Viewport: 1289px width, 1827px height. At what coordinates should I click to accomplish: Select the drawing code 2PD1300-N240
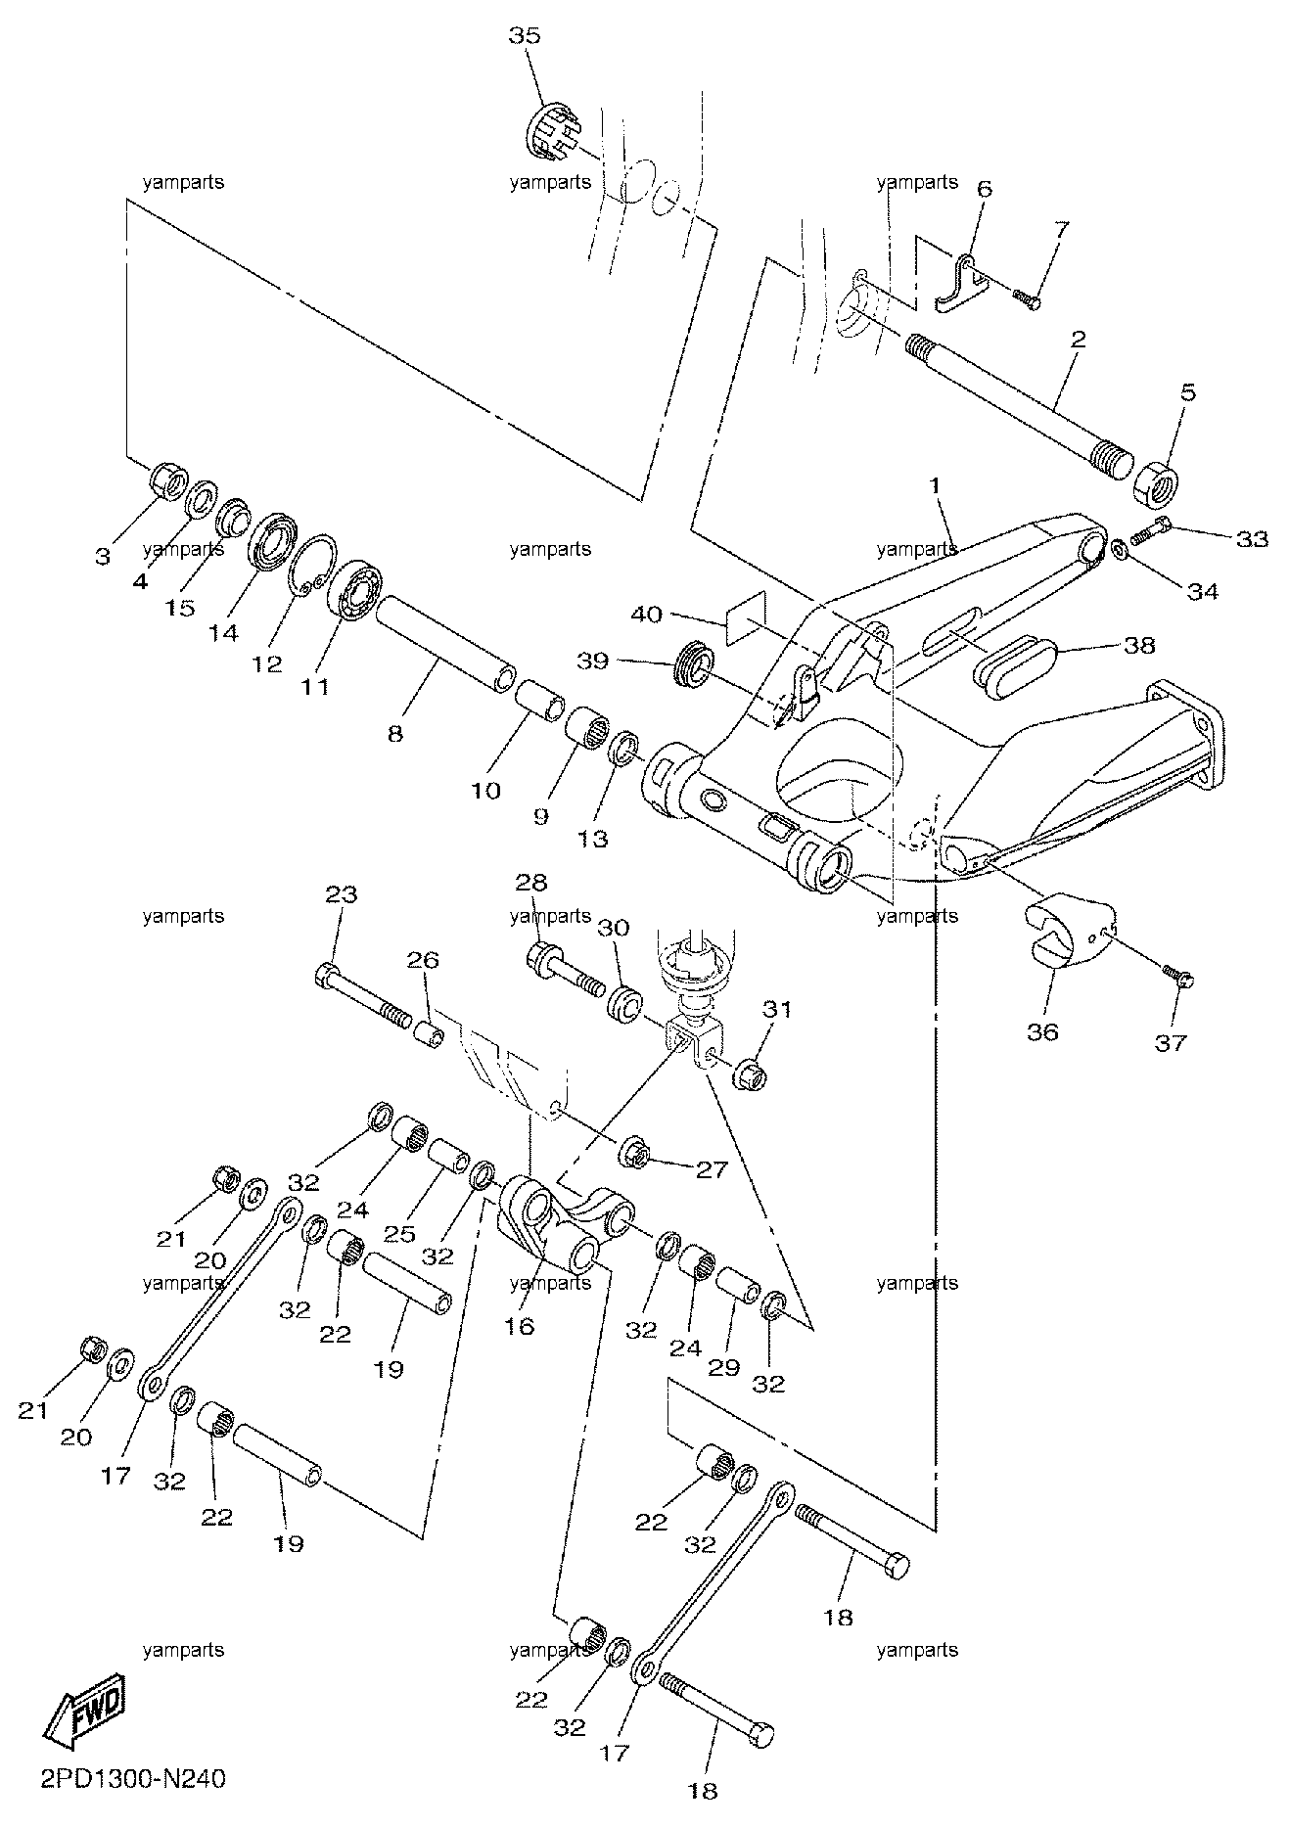pyautogui.click(x=134, y=1779)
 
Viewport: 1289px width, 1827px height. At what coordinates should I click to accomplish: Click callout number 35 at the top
pyautogui.click(x=525, y=36)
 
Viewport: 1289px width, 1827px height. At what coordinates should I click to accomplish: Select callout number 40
pyautogui.click(x=646, y=615)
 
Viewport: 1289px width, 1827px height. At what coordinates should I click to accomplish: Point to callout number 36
pyautogui.click(x=1043, y=1031)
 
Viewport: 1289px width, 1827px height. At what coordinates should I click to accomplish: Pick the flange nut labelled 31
pyautogui.click(x=751, y=1070)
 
